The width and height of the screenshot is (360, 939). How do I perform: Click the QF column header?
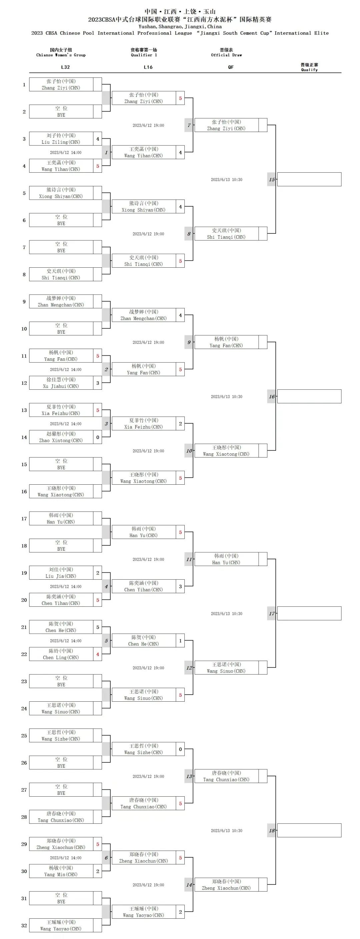tap(231, 67)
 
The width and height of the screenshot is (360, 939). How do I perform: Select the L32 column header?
tap(65, 67)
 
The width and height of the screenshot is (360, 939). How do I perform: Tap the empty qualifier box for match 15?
tap(309, 179)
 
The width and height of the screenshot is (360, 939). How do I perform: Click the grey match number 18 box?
tap(271, 830)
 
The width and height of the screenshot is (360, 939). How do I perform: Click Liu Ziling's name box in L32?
tap(61, 139)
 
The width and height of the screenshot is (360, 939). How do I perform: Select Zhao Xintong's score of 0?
tap(98, 437)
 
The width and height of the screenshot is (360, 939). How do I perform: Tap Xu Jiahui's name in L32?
tap(61, 383)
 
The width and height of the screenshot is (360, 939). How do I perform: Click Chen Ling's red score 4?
tap(98, 654)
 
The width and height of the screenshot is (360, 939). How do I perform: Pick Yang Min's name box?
tap(61, 871)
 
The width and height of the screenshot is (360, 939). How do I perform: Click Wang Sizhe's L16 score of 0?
tap(180, 749)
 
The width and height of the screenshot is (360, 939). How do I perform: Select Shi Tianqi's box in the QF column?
tap(226, 234)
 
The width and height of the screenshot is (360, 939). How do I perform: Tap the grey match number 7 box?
tap(189, 125)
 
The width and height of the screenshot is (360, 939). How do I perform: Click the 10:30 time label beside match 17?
tap(226, 613)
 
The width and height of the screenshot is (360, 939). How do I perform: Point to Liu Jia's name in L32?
tap(61, 573)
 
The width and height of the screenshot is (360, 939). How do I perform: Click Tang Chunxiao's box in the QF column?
tap(226, 776)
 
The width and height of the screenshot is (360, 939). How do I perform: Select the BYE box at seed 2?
tap(61, 112)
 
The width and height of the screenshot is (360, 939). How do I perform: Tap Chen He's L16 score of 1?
tap(180, 640)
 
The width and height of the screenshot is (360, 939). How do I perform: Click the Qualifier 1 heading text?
tap(144, 52)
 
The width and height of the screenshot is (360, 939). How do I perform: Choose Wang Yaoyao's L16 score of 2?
tap(180, 912)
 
